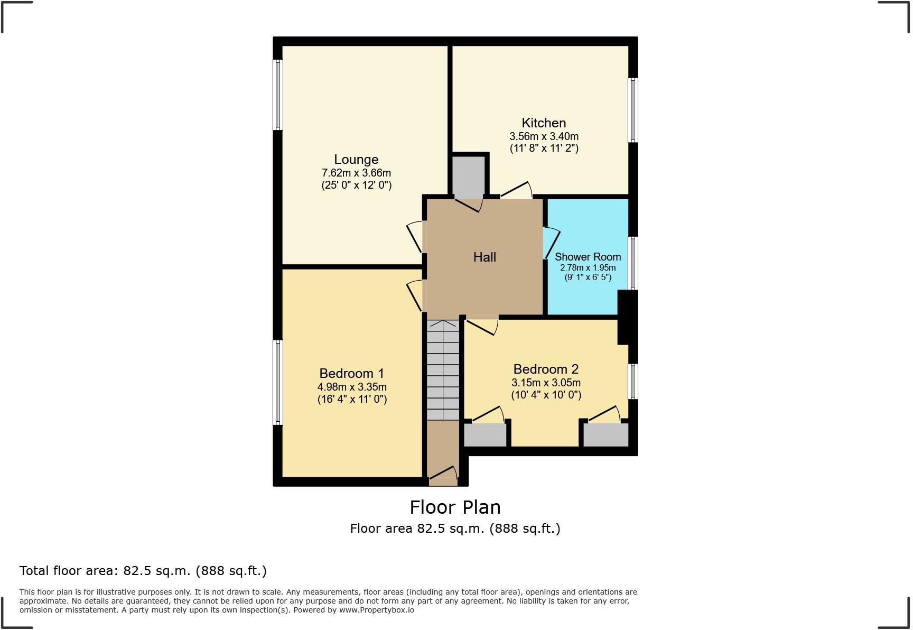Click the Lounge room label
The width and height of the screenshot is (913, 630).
click(x=356, y=160)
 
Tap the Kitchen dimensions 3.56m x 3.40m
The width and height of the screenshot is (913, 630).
click(x=544, y=136)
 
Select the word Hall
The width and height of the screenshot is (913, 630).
click(x=485, y=257)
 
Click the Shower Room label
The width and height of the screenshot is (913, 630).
click(x=588, y=257)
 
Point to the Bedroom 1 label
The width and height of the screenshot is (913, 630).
click(x=351, y=374)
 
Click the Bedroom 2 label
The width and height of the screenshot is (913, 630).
click(x=546, y=369)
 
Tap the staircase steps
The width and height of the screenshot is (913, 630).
click(x=443, y=370)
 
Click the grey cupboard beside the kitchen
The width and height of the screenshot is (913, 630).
click(x=469, y=176)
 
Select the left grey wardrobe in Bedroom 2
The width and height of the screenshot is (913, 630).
click(x=485, y=435)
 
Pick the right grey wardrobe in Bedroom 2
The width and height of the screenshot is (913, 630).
click(x=605, y=435)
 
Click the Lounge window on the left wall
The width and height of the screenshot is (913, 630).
click(x=278, y=95)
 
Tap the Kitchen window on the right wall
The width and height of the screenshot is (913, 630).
click(x=632, y=110)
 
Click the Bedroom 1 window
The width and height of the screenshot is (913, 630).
click(x=278, y=382)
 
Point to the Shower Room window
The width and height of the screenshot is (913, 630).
click(x=632, y=263)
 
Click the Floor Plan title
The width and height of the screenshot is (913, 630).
click(x=455, y=507)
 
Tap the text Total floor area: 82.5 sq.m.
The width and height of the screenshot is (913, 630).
click(x=143, y=571)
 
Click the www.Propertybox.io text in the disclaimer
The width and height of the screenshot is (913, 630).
click(x=376, y=610)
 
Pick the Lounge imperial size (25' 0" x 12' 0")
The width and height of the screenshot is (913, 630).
click(x=356, y=185)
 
